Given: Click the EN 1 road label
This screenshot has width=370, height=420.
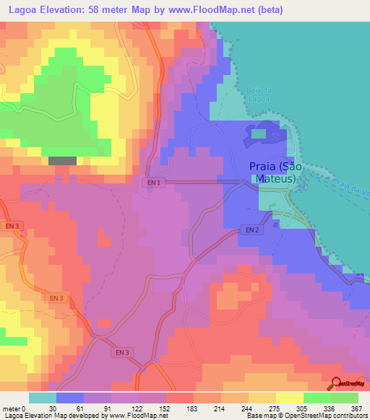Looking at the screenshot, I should [x=153, y=183].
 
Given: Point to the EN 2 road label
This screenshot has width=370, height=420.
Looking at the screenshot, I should [x=250, y=230].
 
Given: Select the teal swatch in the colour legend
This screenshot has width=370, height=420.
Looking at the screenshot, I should [x=43, y=398].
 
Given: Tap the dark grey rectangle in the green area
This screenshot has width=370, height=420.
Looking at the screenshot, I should [x=62, y=161].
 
